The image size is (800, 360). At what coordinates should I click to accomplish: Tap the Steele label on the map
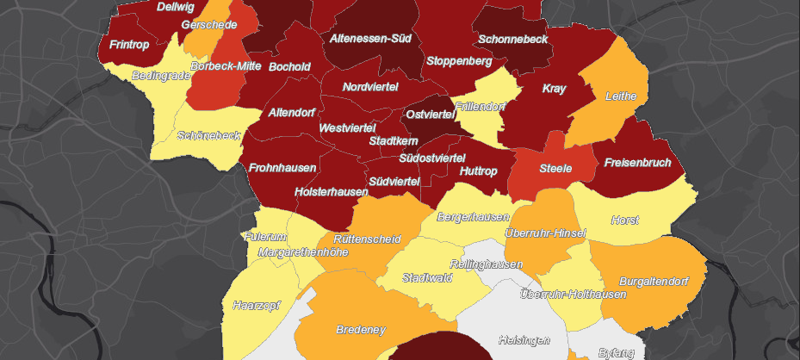point(555,168)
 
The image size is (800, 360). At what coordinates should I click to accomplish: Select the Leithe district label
point(621,96)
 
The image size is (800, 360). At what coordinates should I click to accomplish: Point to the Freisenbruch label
point(637,163)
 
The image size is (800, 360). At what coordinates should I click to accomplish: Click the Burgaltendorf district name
point(655,281)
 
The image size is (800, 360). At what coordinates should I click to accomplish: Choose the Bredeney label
point(361,330)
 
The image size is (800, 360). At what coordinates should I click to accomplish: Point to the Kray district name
point(554,89)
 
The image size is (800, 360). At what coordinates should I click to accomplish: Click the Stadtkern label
point(394,140)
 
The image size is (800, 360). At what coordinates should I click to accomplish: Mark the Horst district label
point(624,220)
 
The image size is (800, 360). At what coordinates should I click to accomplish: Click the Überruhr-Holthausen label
point(573,295)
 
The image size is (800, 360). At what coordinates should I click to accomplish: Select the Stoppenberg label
point(459,62)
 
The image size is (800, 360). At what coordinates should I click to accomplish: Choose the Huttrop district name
point(479,171)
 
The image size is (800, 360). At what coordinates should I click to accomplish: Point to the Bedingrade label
point(161,76)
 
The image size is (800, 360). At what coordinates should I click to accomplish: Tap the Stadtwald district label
point(427,278)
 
